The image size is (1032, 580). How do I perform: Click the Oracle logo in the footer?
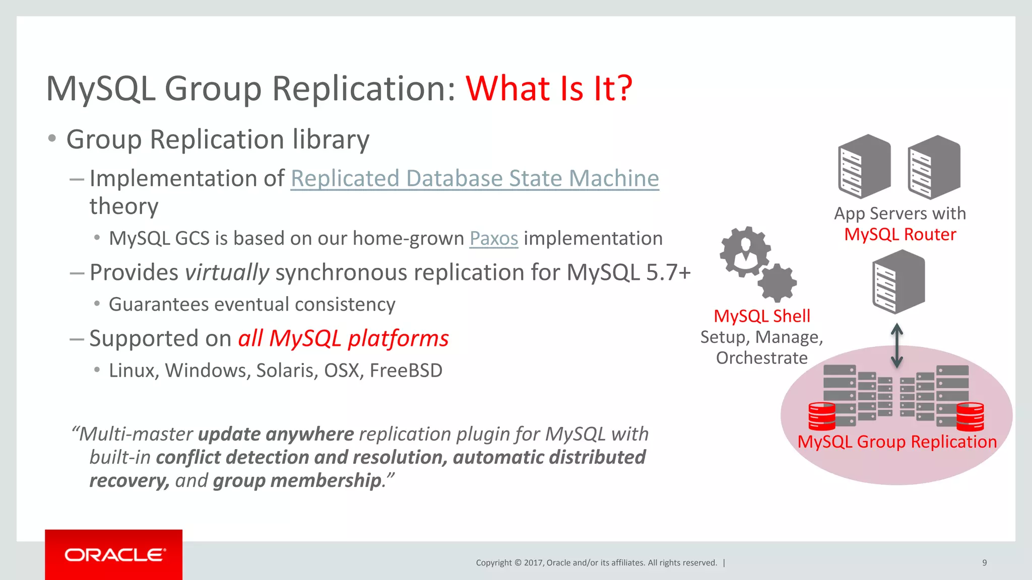(x=114, y=555)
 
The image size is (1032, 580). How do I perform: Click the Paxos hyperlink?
(x=493, y=238)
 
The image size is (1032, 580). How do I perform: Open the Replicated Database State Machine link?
(x=474, y=178)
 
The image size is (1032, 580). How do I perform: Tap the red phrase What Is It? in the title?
(x=549, y=89)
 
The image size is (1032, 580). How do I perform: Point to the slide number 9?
(x=984, y=562)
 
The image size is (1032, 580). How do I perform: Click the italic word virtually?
(x=227, y=272)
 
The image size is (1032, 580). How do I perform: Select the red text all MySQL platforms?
(x=343, y=338)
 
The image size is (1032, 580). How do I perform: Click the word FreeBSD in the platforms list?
(x=406, y=371)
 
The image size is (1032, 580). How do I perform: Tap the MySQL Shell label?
(x=761, y=316)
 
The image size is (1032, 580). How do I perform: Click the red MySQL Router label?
(x=900, y=235)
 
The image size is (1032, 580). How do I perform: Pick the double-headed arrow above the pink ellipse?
(x=896, y=345)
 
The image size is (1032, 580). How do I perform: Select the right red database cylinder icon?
(x=970, y=416)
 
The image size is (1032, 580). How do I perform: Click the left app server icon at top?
(x=864, y=166)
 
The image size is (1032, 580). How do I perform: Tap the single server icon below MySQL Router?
(x=898, y=282)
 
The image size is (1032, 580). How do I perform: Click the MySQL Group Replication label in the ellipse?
(x=897, y=442)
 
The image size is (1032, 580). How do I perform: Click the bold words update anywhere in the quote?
(x=276, y=434)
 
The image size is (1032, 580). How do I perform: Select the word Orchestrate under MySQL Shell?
(x=761, y=358)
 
